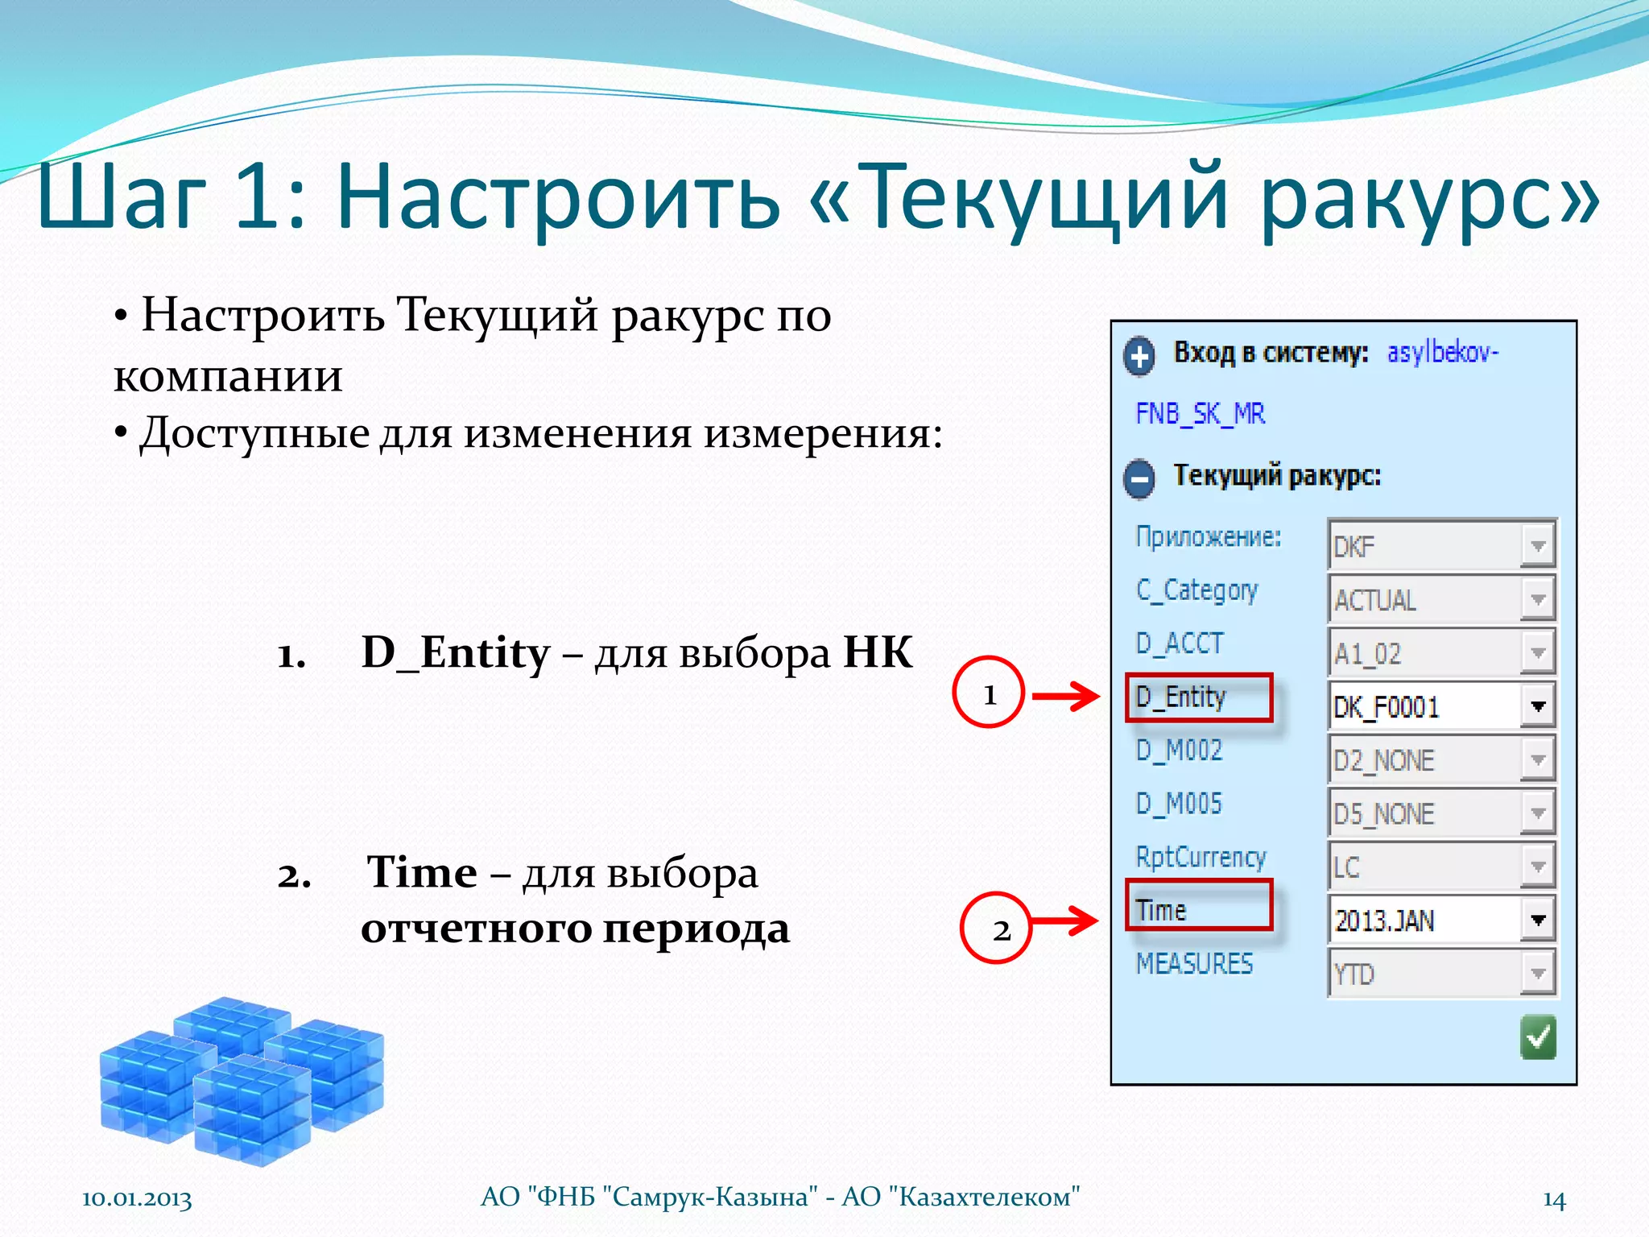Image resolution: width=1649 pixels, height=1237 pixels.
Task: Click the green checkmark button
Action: point(1538,1037)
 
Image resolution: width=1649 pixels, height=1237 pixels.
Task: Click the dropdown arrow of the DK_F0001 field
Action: point(1538,706)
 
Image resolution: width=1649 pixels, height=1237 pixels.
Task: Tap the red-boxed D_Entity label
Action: point(1198,697)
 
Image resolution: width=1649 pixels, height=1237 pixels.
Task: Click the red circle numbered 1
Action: point(989,693)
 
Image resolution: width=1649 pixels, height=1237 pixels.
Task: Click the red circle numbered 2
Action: point(997,929)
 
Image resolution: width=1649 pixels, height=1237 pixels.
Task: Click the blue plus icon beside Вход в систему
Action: point(1139,355)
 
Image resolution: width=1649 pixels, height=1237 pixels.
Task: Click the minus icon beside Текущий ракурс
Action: point(1139,479)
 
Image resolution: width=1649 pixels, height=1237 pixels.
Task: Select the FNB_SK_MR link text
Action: point(1200,413)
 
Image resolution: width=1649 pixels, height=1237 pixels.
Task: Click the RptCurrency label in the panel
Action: point(1201,856)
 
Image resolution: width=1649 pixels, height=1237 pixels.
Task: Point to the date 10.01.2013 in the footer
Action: point(137,1198)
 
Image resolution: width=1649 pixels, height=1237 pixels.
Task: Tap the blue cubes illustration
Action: point(242,1079)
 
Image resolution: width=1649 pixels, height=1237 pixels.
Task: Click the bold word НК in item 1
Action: point(878,652)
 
